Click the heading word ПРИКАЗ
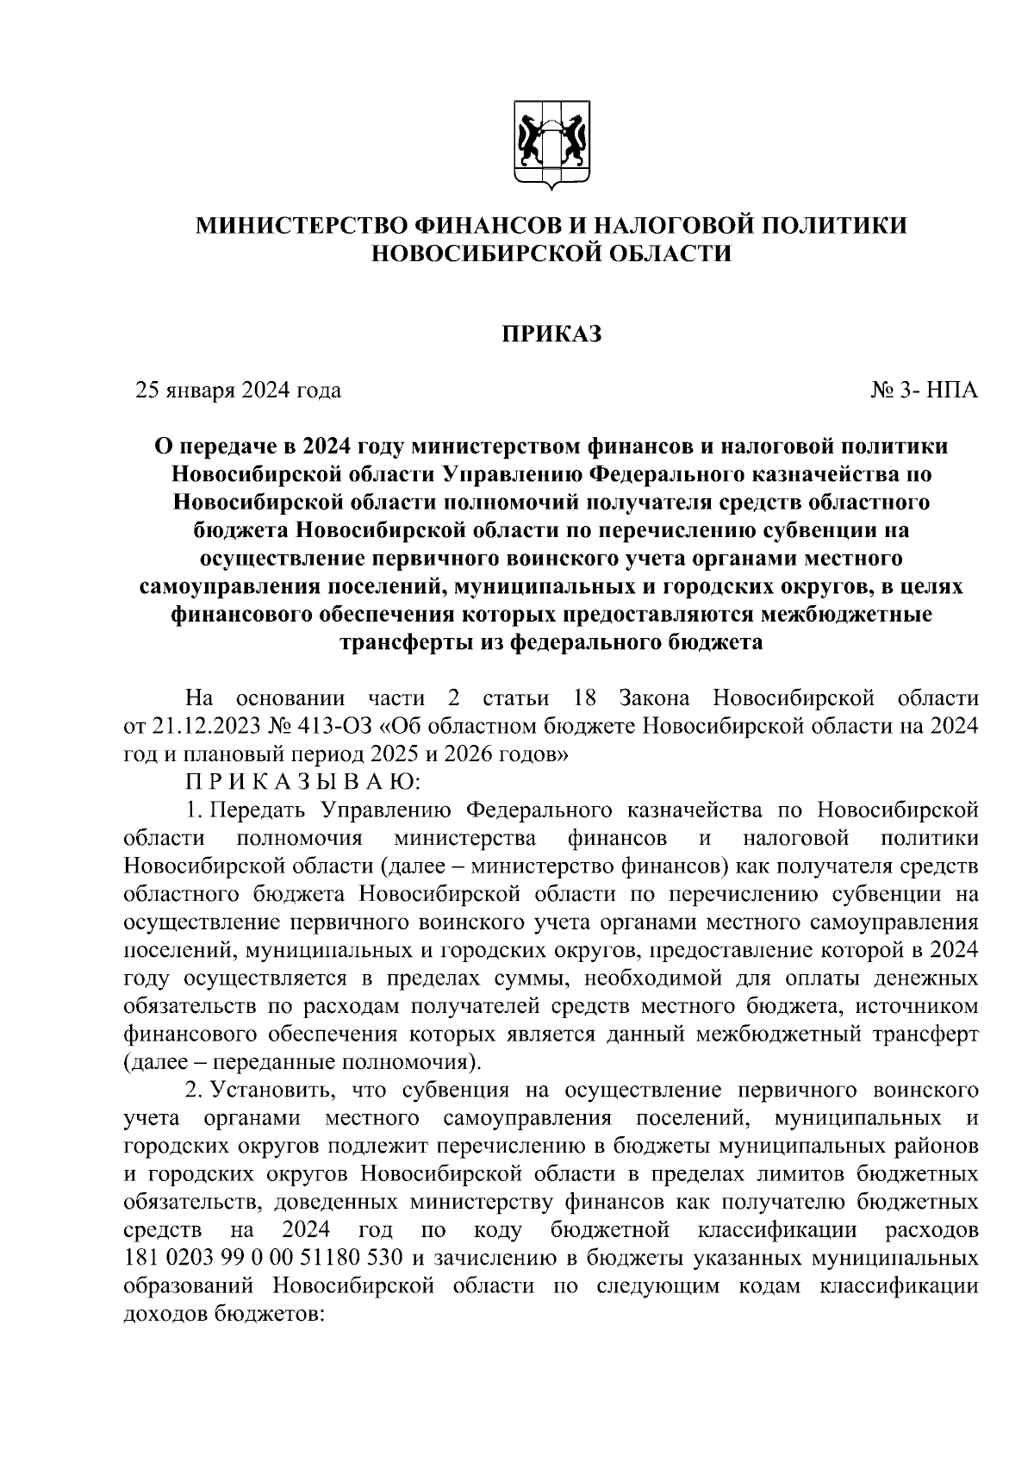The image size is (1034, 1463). coord(551,334)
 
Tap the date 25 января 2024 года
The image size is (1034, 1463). coord(239,391)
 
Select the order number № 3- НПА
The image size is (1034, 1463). coord(925,391)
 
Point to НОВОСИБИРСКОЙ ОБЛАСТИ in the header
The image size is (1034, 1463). coord(551,253)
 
